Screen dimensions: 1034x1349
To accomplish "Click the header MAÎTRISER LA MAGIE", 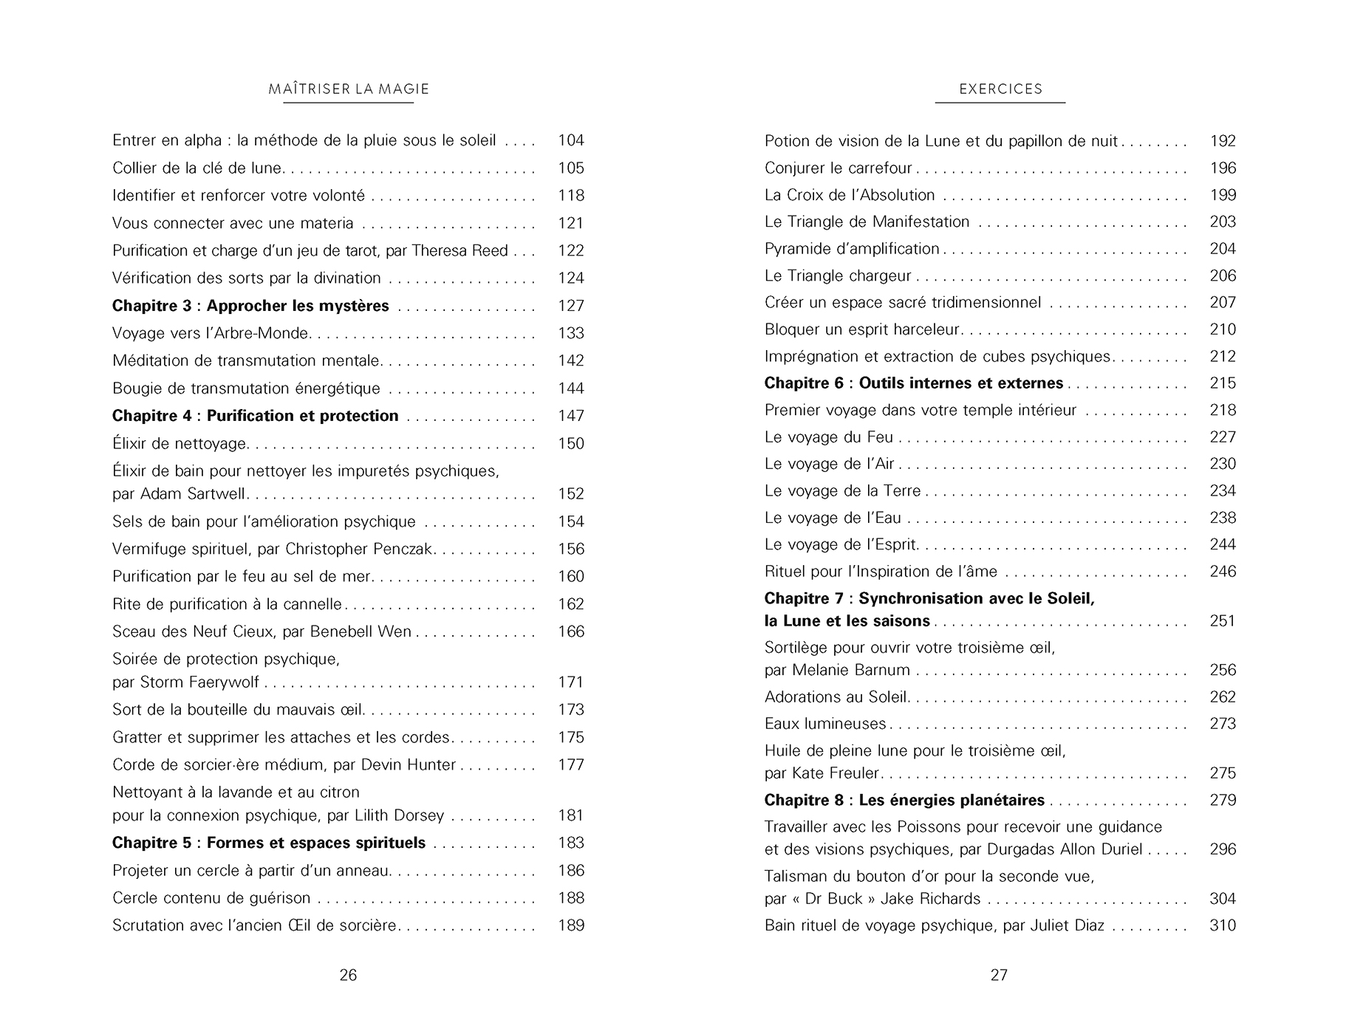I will click(349, 89).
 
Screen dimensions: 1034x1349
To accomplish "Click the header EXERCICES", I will click(1000, 89).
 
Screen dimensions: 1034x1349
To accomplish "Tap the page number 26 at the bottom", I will click(348, 975).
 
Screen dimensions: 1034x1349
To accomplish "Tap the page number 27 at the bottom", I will click(999, 975).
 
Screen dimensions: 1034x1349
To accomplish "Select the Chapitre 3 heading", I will click(250, 306).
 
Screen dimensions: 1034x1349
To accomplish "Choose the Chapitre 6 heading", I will click(914, 383).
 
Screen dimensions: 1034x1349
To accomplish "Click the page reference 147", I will click(571, 416).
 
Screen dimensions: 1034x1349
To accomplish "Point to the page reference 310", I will click(1223, 925).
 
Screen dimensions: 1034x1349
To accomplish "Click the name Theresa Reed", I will click(460, 250).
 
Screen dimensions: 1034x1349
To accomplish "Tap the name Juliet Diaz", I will click(1068, 925).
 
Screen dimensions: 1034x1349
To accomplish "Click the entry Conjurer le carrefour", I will click(838, 168).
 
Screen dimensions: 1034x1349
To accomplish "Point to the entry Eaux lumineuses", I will click(825, 724).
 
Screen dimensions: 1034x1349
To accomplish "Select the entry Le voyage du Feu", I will click(829, 437).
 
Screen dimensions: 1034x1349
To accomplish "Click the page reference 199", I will click(1223, 195).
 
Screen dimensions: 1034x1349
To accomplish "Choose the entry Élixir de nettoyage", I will click(180, 444).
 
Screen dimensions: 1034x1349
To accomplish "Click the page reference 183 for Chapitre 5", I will click(571, 843).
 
